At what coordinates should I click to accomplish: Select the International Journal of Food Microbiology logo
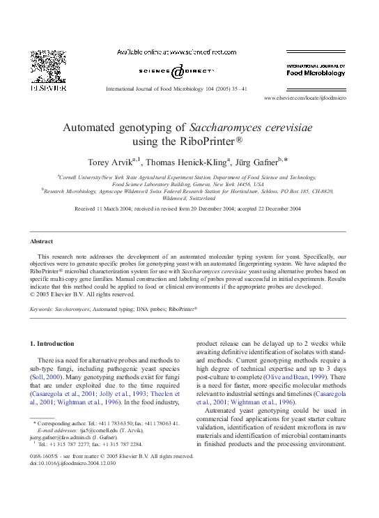click(316, 70)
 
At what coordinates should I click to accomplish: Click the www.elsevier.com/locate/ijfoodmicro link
click(304, 98)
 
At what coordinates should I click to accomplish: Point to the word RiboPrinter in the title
click(205, 142)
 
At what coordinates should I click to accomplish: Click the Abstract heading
click(41, 241)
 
